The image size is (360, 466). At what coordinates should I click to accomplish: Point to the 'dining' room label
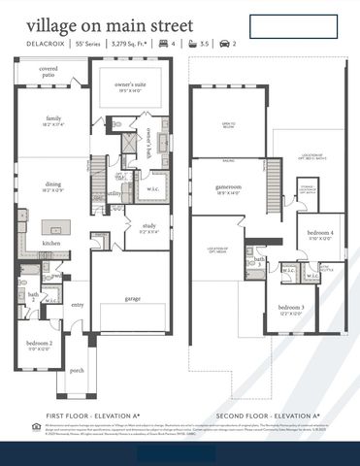tap(52, 187)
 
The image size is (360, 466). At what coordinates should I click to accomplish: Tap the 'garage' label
tap(132, 298)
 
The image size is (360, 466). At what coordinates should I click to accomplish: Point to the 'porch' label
tap(77, 370)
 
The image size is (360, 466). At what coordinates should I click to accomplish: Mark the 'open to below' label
tap(228, 124)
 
